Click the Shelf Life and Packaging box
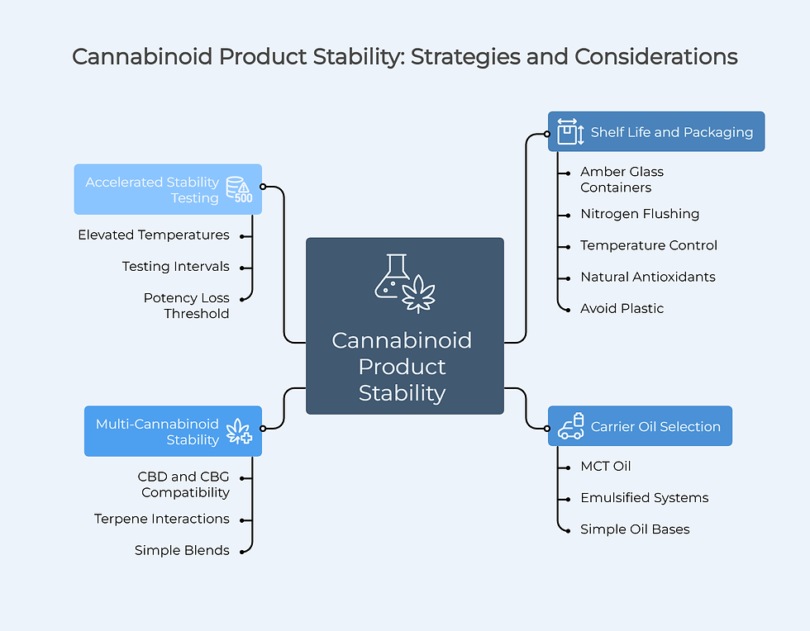[656, 132]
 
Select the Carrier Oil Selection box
[640, 426]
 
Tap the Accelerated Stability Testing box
[168, 189]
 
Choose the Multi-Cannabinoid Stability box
[173, 431]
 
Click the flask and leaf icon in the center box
[404, 283]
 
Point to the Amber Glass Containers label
[622, 179]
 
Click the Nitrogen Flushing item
[639, 214]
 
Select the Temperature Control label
[648, 245]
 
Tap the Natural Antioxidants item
[647, 277]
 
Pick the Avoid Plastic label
[622, 308]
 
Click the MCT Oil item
[605, 466]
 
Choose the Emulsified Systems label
[644, 497]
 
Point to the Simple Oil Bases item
[634, 529]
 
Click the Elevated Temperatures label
[154, 235]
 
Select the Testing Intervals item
[175, 267]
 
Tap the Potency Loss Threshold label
[187, 306]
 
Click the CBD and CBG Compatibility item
[184, 485]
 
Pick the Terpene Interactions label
[162, 519]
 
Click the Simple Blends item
[182, 550]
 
